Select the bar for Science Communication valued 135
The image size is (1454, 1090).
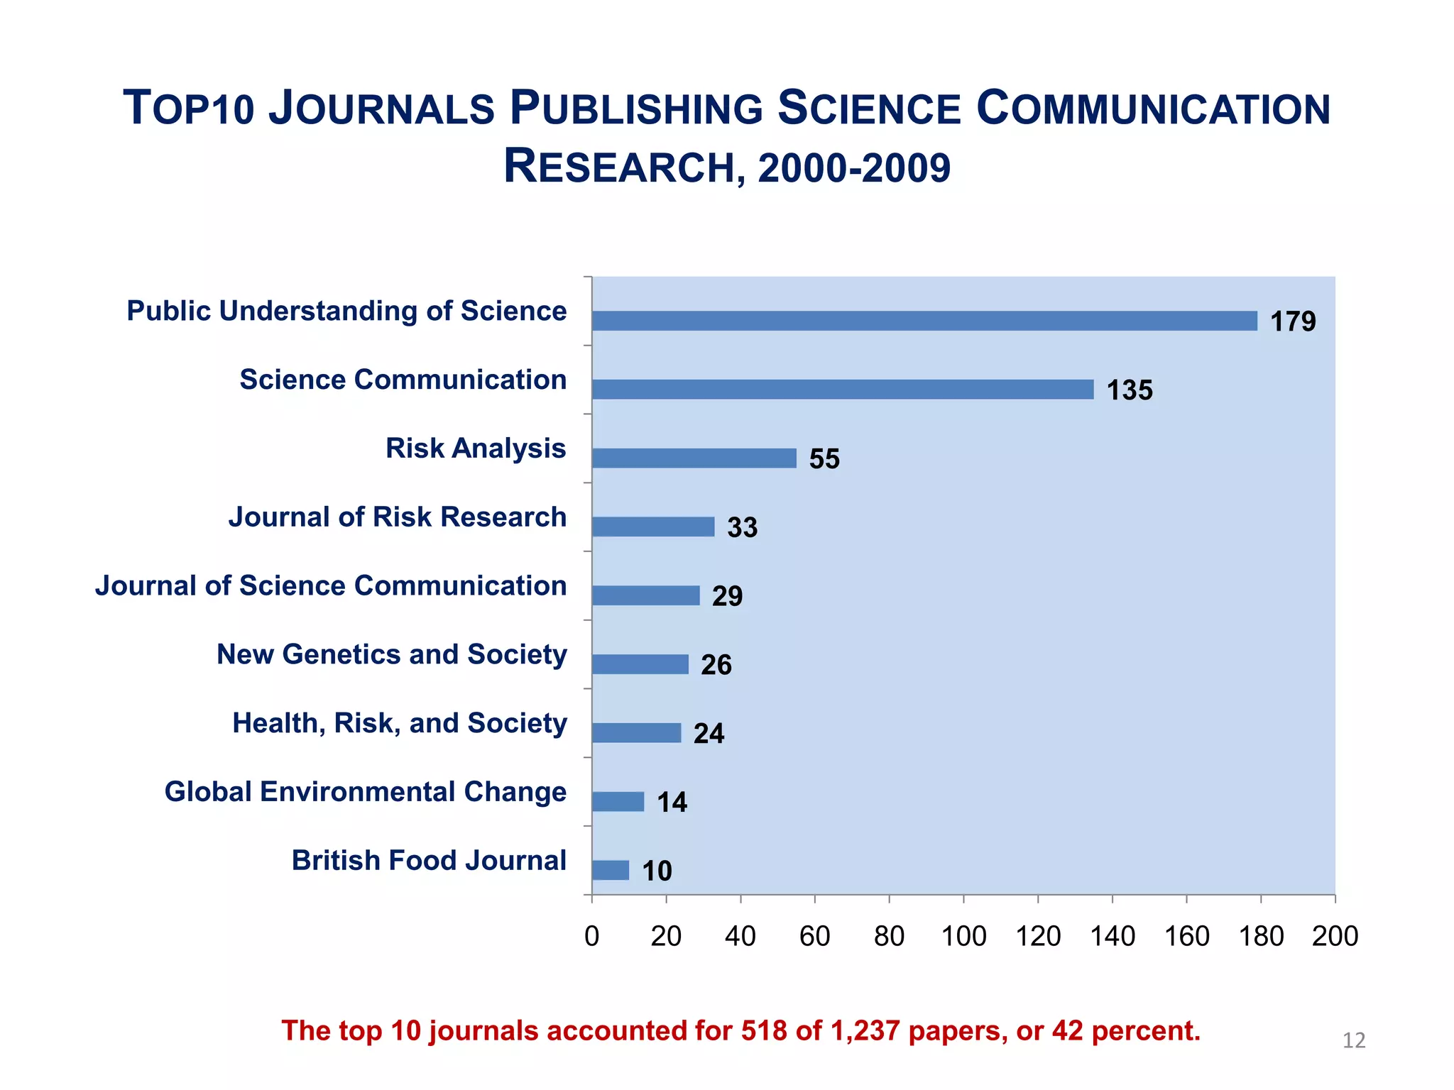pyautogui.click(x=842, y=390)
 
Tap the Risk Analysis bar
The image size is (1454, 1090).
pyautogui.click(x=694, y=458)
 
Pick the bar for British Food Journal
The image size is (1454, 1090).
pyautogui.click(x=611, y=870)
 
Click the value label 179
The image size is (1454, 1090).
pyautogui.click(x=1292, y=322)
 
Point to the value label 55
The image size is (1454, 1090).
pyautogui.click(x=824, y=459)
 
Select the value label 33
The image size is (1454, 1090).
pyautogui.click(x=742, y=528)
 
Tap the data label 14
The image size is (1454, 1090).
pyautogui.click(x=672, y=803)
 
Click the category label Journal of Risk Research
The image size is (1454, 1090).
pyautogui.click(x=397, y=517)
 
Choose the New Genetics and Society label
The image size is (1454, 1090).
pyautogui.click(x=391, y=654)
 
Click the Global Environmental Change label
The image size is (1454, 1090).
pyautogui.click(x=365, y=792)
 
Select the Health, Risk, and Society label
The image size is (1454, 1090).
pyautogui.click(x=399, y=723)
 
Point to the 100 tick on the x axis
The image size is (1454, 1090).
pyautogui.click(x=963, y=937)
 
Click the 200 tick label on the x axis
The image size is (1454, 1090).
pyautogui.click(x=1335, y=937)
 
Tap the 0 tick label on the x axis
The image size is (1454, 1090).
pyautogui.click(x=591, y=937)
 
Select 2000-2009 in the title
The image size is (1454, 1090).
pyautogui.click(x=853, y=168)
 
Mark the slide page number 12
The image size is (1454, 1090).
pyautogui.click(x=1354, y=1040)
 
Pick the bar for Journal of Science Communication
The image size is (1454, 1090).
pyautogui.click(x=645, y=595)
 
